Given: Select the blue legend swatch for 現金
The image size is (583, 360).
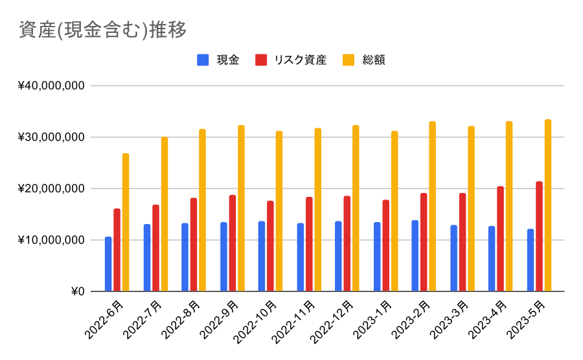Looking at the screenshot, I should [203, 60].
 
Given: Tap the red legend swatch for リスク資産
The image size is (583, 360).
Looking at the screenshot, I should [261, 60].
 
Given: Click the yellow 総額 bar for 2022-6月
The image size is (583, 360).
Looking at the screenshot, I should [126, 223].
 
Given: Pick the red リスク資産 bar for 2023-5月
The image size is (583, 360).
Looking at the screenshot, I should [539, 237].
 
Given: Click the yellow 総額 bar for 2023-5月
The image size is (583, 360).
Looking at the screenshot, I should [548, 205].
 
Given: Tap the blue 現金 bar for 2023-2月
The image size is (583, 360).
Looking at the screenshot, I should [415, 256].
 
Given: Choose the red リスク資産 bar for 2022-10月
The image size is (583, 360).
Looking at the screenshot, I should [270, 246].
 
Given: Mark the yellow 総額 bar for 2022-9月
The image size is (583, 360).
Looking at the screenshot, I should [241, 208].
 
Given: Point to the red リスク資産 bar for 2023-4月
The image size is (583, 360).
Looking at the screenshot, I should [501, 239].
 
